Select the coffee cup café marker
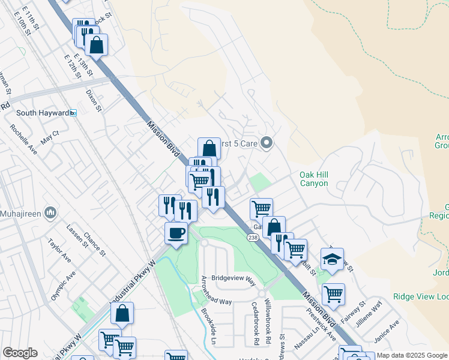(176, 233)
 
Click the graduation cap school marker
(332, 259)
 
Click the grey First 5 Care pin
(268, 143)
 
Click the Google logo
(20, 353)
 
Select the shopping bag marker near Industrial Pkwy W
(122, 313)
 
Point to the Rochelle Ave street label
(23, 139)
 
